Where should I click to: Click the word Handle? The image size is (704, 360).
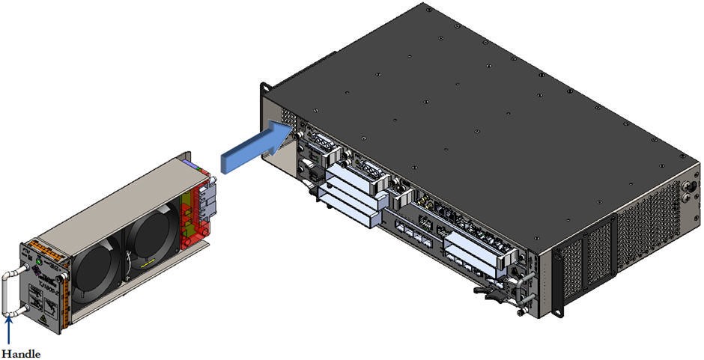pos(20,353)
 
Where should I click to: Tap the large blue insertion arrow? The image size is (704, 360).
pos(255,147)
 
